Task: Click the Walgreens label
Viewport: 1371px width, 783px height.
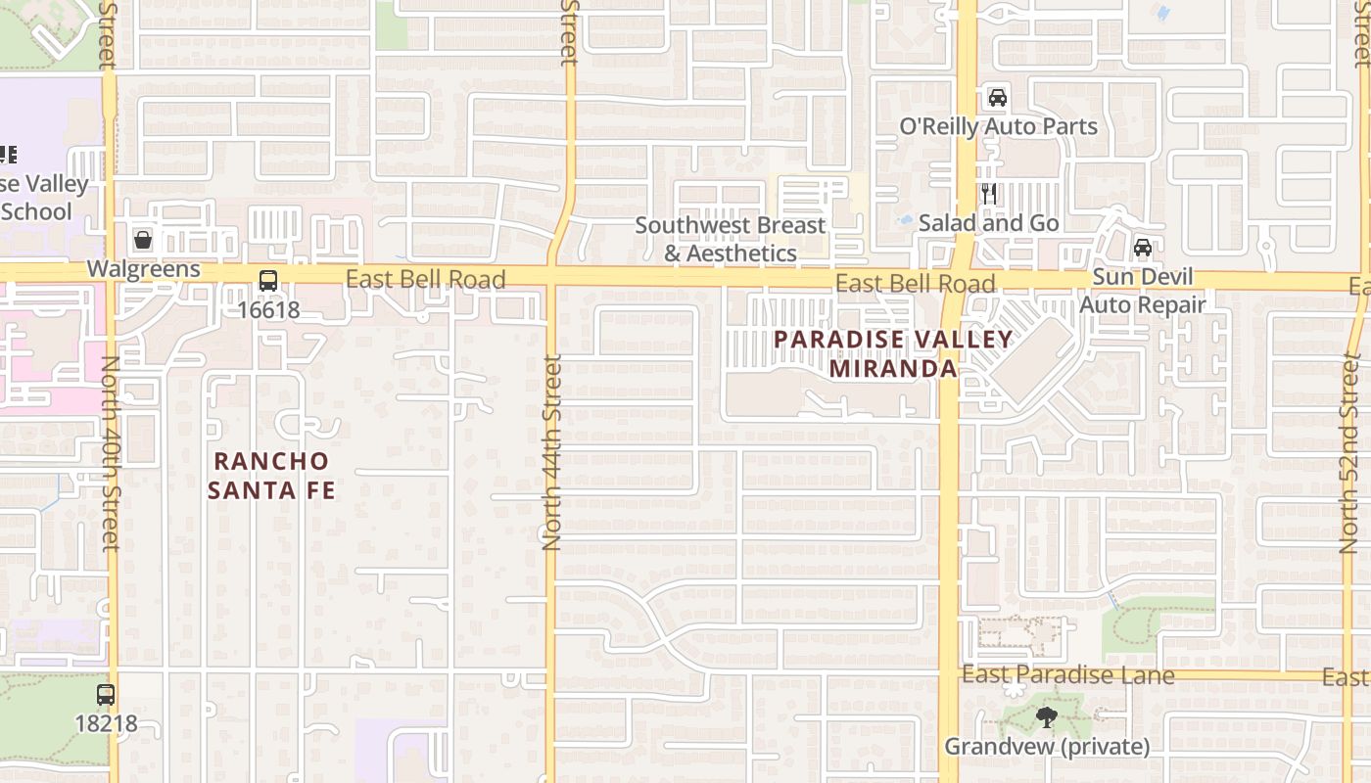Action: click(143, 269)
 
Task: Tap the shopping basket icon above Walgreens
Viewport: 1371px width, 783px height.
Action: click(143, 240)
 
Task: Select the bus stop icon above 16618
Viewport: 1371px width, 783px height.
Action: click(267, 282)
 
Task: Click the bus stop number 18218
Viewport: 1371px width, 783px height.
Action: click(106, 724)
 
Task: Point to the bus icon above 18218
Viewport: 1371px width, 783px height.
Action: click(106, 695)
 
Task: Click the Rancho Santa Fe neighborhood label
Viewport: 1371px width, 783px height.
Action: click(271, 475)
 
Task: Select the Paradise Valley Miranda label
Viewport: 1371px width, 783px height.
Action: click(893, 354)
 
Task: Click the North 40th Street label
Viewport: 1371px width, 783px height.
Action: click(110, 452)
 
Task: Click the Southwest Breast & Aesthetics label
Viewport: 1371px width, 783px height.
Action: click(731, 239)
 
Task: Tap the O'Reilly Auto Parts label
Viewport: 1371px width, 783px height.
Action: click(998, 126)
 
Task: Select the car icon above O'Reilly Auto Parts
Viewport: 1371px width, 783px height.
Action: click(997, 97)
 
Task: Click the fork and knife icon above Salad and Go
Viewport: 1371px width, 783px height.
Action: click(989, 194)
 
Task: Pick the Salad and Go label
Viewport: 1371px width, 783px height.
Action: click(989, 223)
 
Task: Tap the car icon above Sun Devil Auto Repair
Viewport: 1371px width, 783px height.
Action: click(1142, 248)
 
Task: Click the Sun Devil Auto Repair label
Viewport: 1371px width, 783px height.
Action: click(1143, 291)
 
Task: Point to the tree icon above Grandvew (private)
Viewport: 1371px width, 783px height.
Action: click(1046, 717)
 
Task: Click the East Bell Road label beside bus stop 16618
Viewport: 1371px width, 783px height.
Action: click(425, 280)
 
